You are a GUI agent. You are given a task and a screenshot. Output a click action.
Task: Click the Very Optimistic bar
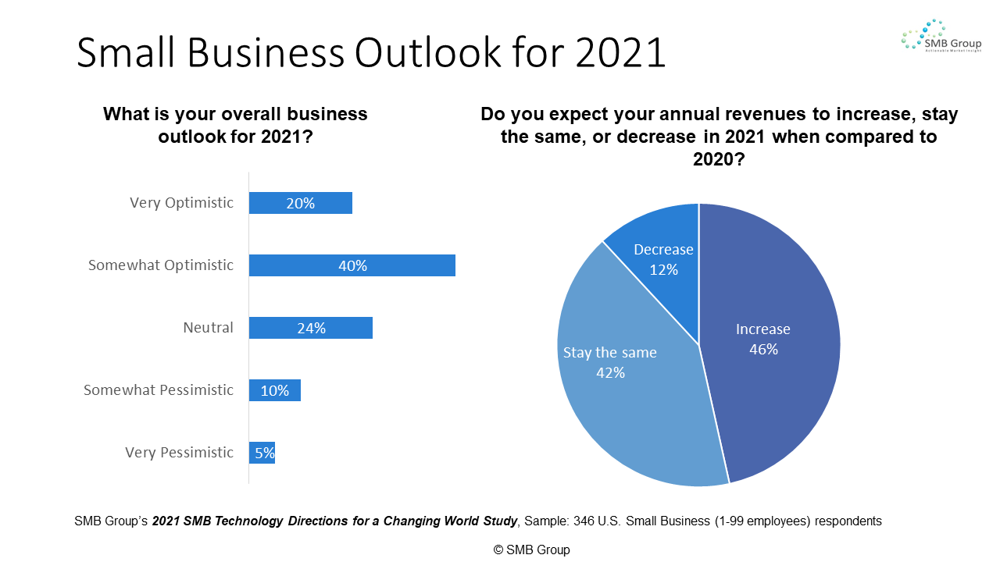(301, 203)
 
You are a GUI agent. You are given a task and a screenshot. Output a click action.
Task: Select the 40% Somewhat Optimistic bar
(352, 265)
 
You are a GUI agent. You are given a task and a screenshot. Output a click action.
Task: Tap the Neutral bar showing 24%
(311, 328)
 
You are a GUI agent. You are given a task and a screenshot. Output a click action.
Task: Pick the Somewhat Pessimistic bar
(275, 390)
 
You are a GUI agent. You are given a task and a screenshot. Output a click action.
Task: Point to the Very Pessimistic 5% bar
(262, 453)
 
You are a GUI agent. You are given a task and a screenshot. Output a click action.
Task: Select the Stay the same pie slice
(625, 390)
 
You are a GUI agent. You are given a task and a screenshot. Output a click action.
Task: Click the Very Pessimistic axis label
(179, 453)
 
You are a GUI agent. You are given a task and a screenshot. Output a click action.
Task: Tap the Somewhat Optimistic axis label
(160, 265)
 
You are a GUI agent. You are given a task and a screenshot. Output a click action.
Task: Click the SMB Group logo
(941, 37)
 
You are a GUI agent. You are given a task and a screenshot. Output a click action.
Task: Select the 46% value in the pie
(763, 350)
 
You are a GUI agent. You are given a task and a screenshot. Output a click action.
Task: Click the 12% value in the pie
(663, 270)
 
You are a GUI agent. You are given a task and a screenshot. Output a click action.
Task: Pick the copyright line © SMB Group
(531, 550)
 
